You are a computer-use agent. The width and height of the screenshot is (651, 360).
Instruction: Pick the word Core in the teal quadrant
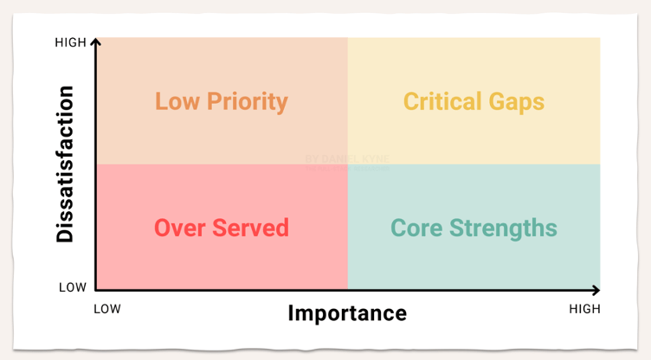417,228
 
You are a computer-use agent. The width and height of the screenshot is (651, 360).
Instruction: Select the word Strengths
502,228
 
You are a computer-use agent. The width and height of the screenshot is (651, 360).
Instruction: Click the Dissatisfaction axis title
66,164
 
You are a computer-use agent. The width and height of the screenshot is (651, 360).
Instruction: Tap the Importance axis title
346,312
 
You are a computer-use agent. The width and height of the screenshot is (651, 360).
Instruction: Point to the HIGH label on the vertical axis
70,42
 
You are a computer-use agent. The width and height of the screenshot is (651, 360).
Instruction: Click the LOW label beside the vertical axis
74,287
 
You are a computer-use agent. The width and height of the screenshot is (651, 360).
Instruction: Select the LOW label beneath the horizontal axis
107,309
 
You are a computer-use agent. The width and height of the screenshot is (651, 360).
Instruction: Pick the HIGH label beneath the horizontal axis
583,309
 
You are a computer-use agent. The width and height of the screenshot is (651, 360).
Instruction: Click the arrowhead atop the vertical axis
96,41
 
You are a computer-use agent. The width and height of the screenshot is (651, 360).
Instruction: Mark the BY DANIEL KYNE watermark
346,159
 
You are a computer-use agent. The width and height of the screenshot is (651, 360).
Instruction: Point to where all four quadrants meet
347,164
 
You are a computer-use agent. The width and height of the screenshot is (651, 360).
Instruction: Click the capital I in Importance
292,312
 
